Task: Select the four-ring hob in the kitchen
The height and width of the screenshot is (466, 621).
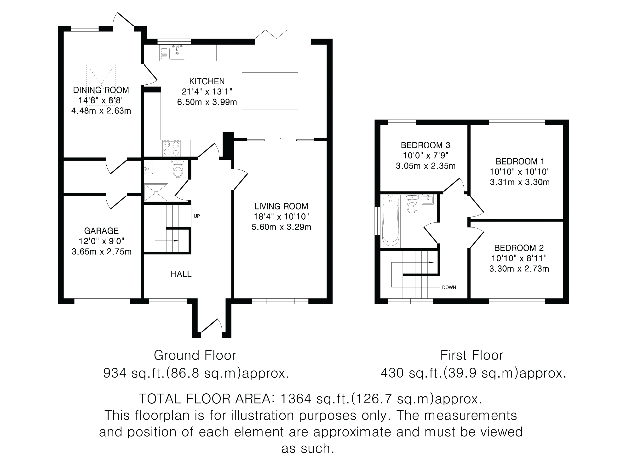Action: coord(172,148)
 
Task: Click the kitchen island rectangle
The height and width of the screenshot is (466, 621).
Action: coord(270,91)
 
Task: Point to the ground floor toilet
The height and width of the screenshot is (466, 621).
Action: coord(178,169)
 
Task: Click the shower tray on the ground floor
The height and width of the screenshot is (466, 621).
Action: coord(156,192)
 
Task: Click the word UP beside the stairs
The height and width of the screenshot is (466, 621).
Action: coord(197,216)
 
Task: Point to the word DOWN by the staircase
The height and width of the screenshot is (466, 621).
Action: coord(449,287)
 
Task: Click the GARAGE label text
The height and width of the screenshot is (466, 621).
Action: coord(101,231)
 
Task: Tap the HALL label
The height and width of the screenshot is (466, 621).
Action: coord(181,274)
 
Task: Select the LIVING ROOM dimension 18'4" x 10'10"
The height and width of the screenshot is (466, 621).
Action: coord(281,216)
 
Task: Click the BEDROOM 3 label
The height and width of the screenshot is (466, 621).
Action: coord(425,145)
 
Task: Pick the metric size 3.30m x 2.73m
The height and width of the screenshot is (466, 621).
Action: coord(519,269)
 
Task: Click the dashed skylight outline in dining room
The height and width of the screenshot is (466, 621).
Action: coord(101,84)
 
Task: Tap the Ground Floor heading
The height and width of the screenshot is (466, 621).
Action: coord(195,355)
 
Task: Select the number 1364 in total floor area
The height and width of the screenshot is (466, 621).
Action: coord(296,399)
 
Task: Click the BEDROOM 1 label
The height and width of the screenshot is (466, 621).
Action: coord(520,162)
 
